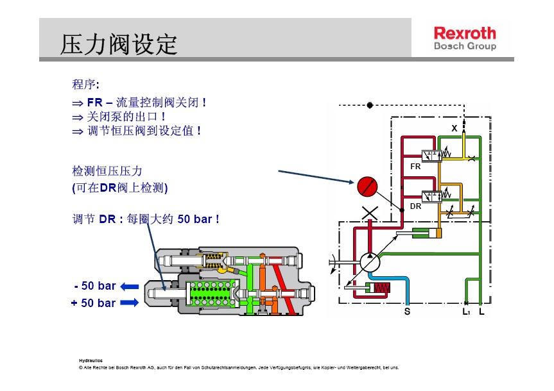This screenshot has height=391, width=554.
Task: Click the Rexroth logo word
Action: (x=465, y=33)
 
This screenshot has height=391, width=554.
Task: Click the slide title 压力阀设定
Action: (x=119, y=45)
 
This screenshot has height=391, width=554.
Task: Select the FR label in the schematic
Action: (x=415, y=166)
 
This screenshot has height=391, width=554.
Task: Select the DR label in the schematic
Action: (x=415, y=206)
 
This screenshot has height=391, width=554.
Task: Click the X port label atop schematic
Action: (x=454, y=128)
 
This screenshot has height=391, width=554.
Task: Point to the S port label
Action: (x=406, y=312)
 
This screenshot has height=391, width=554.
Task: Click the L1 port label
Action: (x=466, y=312)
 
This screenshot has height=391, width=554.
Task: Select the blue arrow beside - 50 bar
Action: (x=129, y=286)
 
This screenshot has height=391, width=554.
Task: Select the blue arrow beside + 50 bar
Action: (x=129, y=302)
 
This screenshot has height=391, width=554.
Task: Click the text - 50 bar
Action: (x=94, y=286)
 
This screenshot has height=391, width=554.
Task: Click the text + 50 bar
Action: (x=93, y=303)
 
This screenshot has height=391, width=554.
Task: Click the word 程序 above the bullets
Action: (x=84, y=84)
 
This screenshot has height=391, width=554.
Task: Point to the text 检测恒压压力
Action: (x=107, y=172)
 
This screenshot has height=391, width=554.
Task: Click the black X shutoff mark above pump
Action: (x=370, y=213)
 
